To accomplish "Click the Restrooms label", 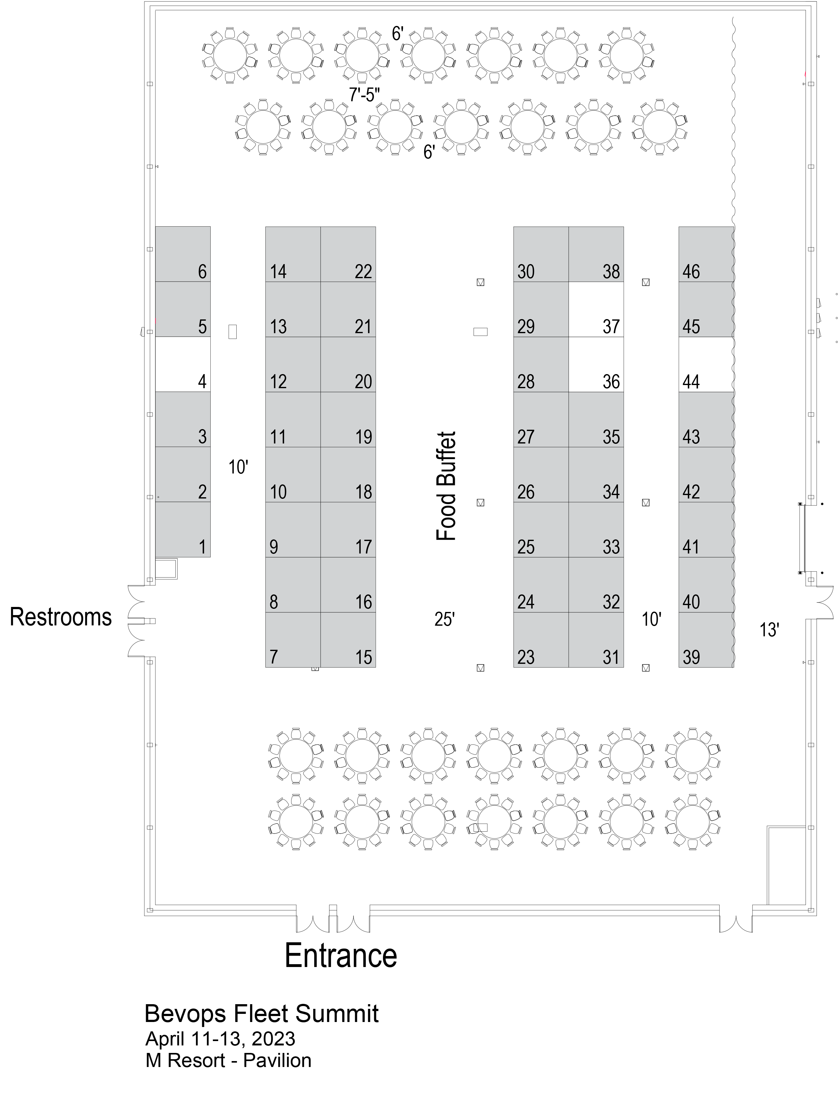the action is [x=60, y=617].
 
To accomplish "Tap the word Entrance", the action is [x=341, y=956].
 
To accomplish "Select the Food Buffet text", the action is [x=446, y=486].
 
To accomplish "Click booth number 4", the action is [x=183, y=364].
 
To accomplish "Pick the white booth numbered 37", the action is [x=596, y=310].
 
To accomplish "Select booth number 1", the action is [x=183, y=529].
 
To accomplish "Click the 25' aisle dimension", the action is [x=445, y=619].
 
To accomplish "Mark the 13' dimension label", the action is [x=769, y=630].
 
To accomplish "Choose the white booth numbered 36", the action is [x=596, y=364].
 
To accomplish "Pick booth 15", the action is [x=348, y=640].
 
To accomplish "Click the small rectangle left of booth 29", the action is [x=480, y=332].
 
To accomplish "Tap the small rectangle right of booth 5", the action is [x=232, y=332].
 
